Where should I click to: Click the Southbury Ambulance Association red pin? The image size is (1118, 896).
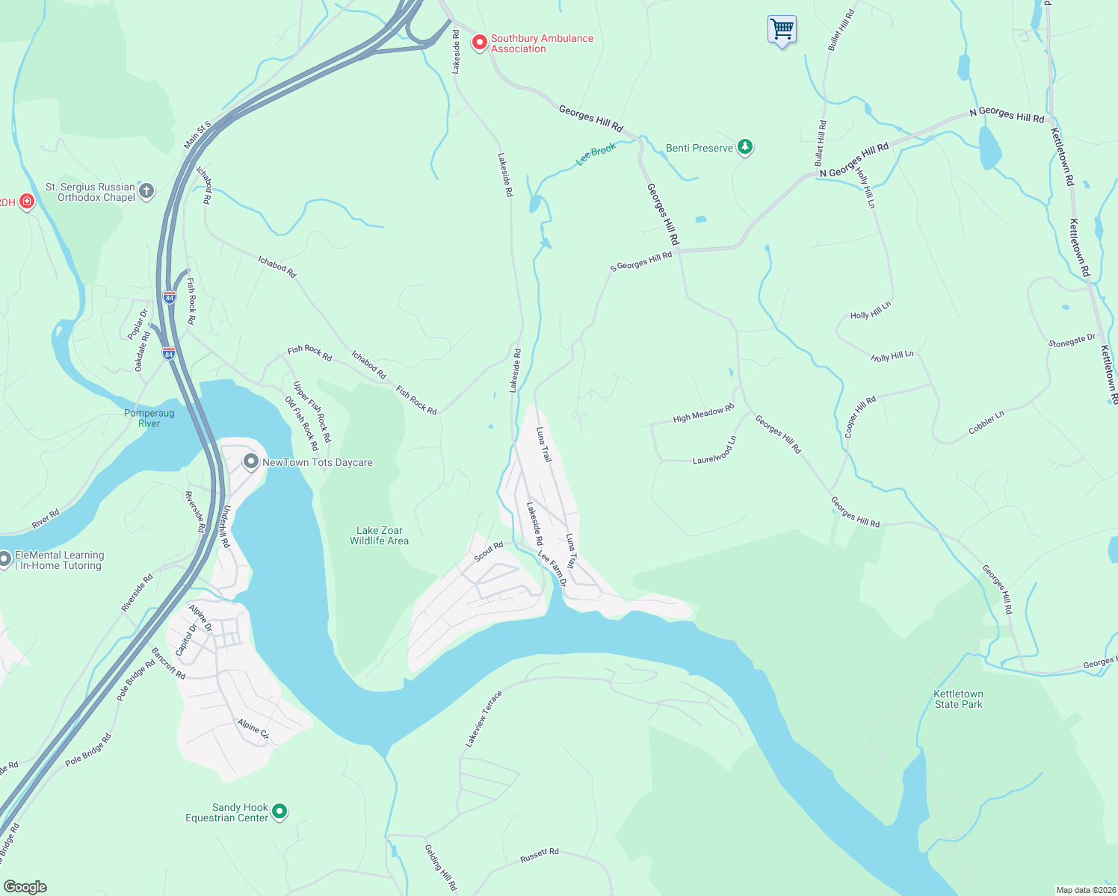point(479,43)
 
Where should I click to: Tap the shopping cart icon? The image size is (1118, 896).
point(782,30)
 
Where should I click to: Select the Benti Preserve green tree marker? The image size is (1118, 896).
point(744,147)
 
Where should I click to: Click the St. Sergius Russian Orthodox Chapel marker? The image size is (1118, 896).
point(146,191)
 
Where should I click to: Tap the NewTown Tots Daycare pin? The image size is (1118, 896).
point(250,461)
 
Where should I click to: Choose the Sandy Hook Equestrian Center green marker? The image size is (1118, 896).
point(279,811)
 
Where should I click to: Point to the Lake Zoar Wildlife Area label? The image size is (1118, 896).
point(379,535)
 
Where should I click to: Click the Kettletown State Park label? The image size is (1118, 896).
point(958,699)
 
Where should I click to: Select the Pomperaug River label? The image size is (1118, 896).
point(149,418)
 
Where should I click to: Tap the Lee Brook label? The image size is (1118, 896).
point(596,154)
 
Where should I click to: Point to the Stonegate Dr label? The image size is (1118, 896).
point(1072,341)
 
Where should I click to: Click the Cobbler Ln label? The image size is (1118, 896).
point(986,423)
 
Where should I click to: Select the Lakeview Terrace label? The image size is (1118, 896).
point(484,719)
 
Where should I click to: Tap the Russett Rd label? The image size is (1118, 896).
point(540,856)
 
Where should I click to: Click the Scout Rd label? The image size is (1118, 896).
point(489,552)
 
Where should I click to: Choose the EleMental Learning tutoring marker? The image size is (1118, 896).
point(5,559)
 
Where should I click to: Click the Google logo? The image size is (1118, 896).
point(25,886)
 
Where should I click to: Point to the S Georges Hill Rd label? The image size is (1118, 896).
point(641,261)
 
